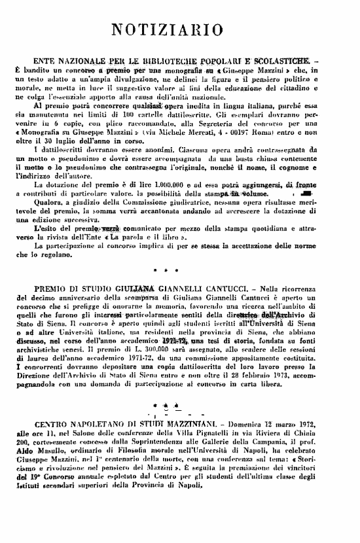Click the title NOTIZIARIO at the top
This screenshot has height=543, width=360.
pos(181,28)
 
